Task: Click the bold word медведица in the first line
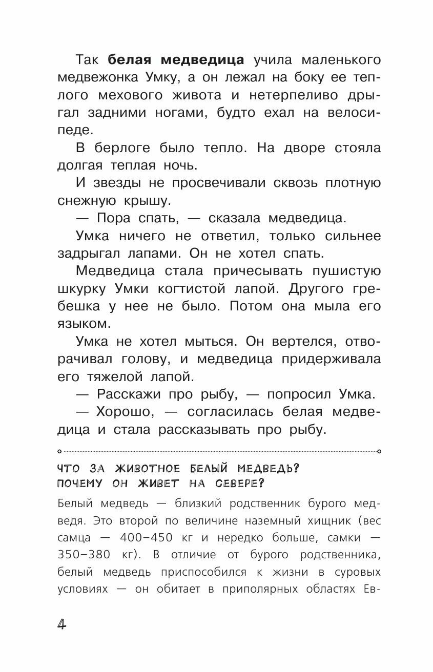coord(202,60)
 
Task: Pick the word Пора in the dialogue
coord(115,218)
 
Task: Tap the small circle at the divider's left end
coord(59,451)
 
